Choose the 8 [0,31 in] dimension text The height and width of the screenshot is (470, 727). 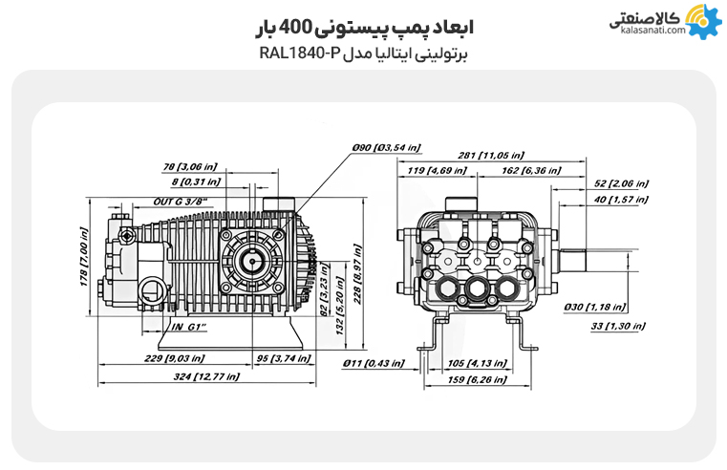(196, 182)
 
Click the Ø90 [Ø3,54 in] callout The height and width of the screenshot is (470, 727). (385, 148)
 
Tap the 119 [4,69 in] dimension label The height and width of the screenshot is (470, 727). (437, 171)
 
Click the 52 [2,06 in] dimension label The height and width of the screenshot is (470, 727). (620, 183)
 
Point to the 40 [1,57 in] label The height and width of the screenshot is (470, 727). (620, 200)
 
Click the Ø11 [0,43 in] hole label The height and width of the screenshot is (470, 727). (373, 364)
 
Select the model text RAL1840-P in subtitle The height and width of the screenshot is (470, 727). (299, 53)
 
